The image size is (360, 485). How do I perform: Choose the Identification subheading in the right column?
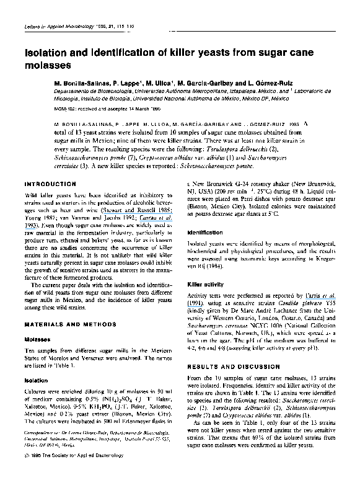click(x=205, y=233)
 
